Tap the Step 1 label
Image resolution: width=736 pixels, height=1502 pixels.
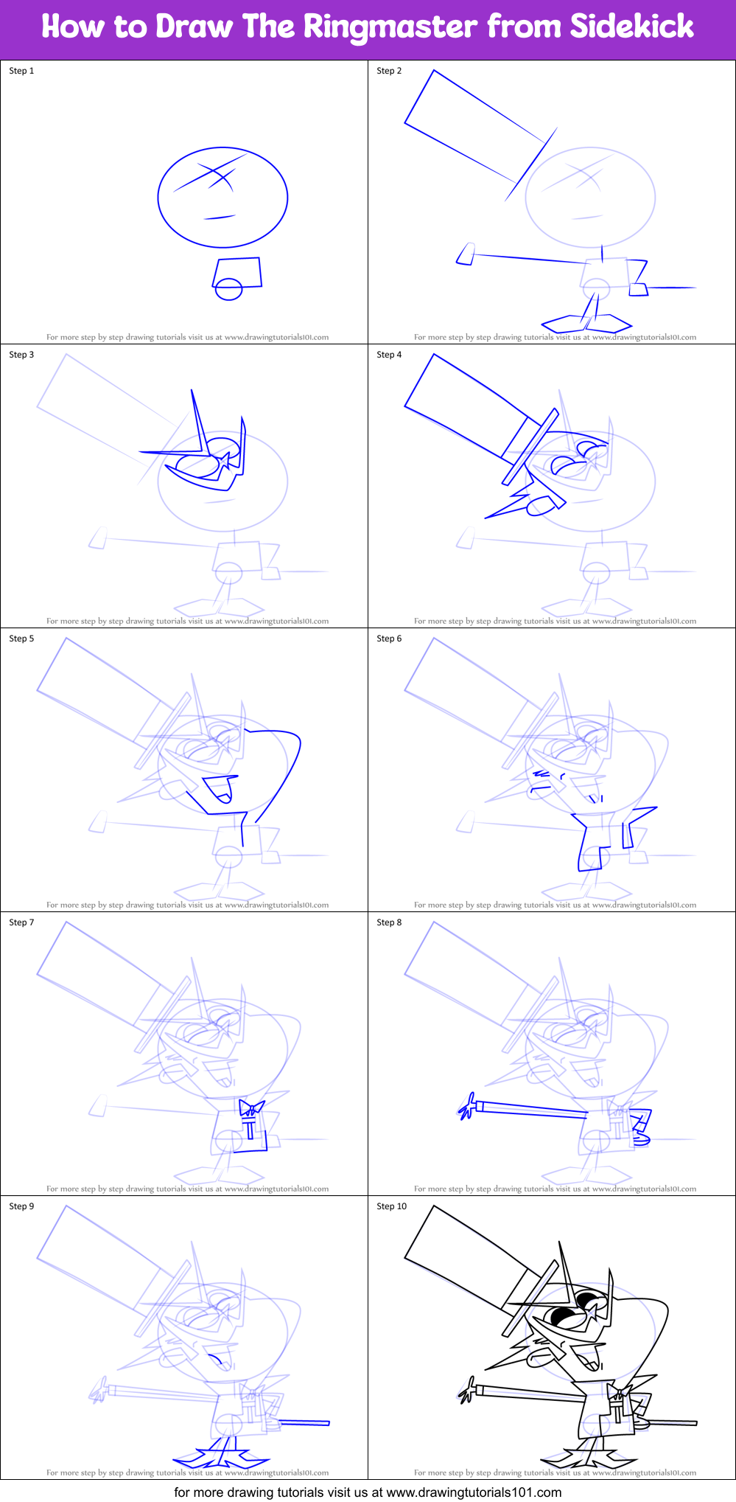click(x=21, y=71)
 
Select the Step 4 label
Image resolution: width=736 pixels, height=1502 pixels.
click(x=389, y=355)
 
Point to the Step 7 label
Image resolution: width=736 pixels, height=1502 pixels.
click(x=21, y=922)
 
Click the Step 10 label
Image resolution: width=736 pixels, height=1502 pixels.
click(x=391, y=1206)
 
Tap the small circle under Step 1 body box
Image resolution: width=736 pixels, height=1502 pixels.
click(x=228, y=289)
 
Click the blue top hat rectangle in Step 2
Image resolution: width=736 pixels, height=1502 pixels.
click(x=472, y=125)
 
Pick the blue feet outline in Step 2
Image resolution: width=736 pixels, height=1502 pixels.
click(x=586, y=323)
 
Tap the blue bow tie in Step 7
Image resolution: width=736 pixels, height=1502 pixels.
click(x=251, y=1108)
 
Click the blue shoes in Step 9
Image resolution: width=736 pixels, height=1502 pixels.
click(x=221, y=1458)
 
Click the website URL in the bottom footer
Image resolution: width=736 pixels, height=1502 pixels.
click(x=474, y=1492)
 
